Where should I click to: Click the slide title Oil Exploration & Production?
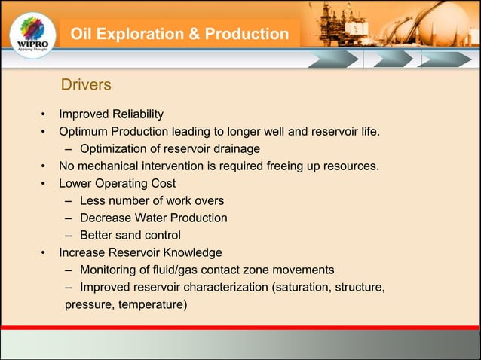pyautogui.click(x=179, y=35)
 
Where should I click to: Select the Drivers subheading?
pyautogui.click(x=86, y=85)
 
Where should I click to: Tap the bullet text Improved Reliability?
pyautogui.click(x=111, y=114)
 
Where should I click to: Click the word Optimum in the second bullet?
pyautogui.click(x=84, y=133)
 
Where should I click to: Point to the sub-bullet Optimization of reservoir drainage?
pyautogui.click(x=170, y=149)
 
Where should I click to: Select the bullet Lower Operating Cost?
pyautogui.click(x=117, y=183)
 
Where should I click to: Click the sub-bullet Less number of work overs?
pyautogui.click(x=152, y=200)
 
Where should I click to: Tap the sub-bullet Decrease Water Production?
pyautogui.click(x=154, y=218)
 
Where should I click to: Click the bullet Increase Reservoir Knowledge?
pyautogui.click(x=140, y=252)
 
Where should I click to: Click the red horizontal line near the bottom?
pyautogui.click(x=240, y=328)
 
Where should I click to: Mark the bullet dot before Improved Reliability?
pyautogui.click(x=44, y=115)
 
